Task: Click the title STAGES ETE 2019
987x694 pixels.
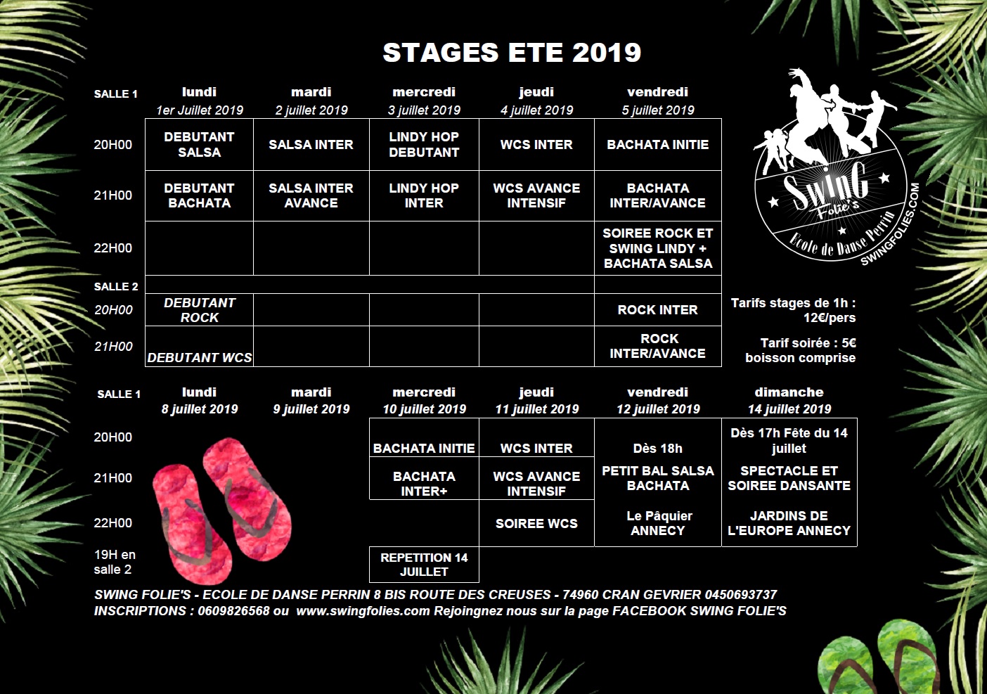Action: (512, 53)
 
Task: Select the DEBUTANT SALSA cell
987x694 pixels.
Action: (199, 145)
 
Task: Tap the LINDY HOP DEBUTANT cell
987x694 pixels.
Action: (424, 145)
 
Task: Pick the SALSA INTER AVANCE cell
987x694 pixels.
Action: (311, 195)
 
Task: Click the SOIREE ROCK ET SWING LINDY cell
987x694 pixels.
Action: (658, 248)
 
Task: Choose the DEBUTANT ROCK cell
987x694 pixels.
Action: (199, 310)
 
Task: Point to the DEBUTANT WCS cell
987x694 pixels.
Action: (199, 347)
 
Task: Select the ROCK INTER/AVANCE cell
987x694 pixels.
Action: (658, 347)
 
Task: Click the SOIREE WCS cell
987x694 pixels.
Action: (536, 523)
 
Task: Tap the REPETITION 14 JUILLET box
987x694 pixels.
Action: (424, 565)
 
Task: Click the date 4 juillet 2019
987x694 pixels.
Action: (536, 110)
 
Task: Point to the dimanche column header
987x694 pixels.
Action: (789, 392)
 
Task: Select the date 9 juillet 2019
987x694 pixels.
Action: (311, 409)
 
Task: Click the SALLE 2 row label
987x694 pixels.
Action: (116, 286)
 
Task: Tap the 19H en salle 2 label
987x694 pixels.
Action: (115, 562)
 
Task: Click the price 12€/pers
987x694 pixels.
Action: (830, 318)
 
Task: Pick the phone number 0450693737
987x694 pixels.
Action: (741, 594)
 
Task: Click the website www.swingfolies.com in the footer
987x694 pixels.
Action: (363, 611)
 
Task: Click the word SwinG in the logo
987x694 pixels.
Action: (825, 186)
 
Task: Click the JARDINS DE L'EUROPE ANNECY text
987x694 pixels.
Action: (789, 523)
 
